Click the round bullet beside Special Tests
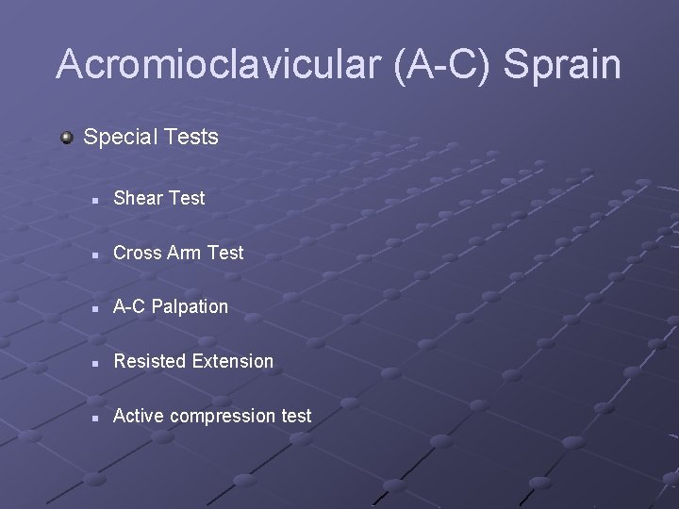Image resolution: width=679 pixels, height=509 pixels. pyautogui.click(x=67, y=138)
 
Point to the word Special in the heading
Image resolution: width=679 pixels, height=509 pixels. pyautogui.click(x=119, y=138)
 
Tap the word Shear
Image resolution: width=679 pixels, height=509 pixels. pyautogui.click(x=138, y=198)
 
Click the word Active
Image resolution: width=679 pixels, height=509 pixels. pyautogui.click(x=138, y=416)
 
